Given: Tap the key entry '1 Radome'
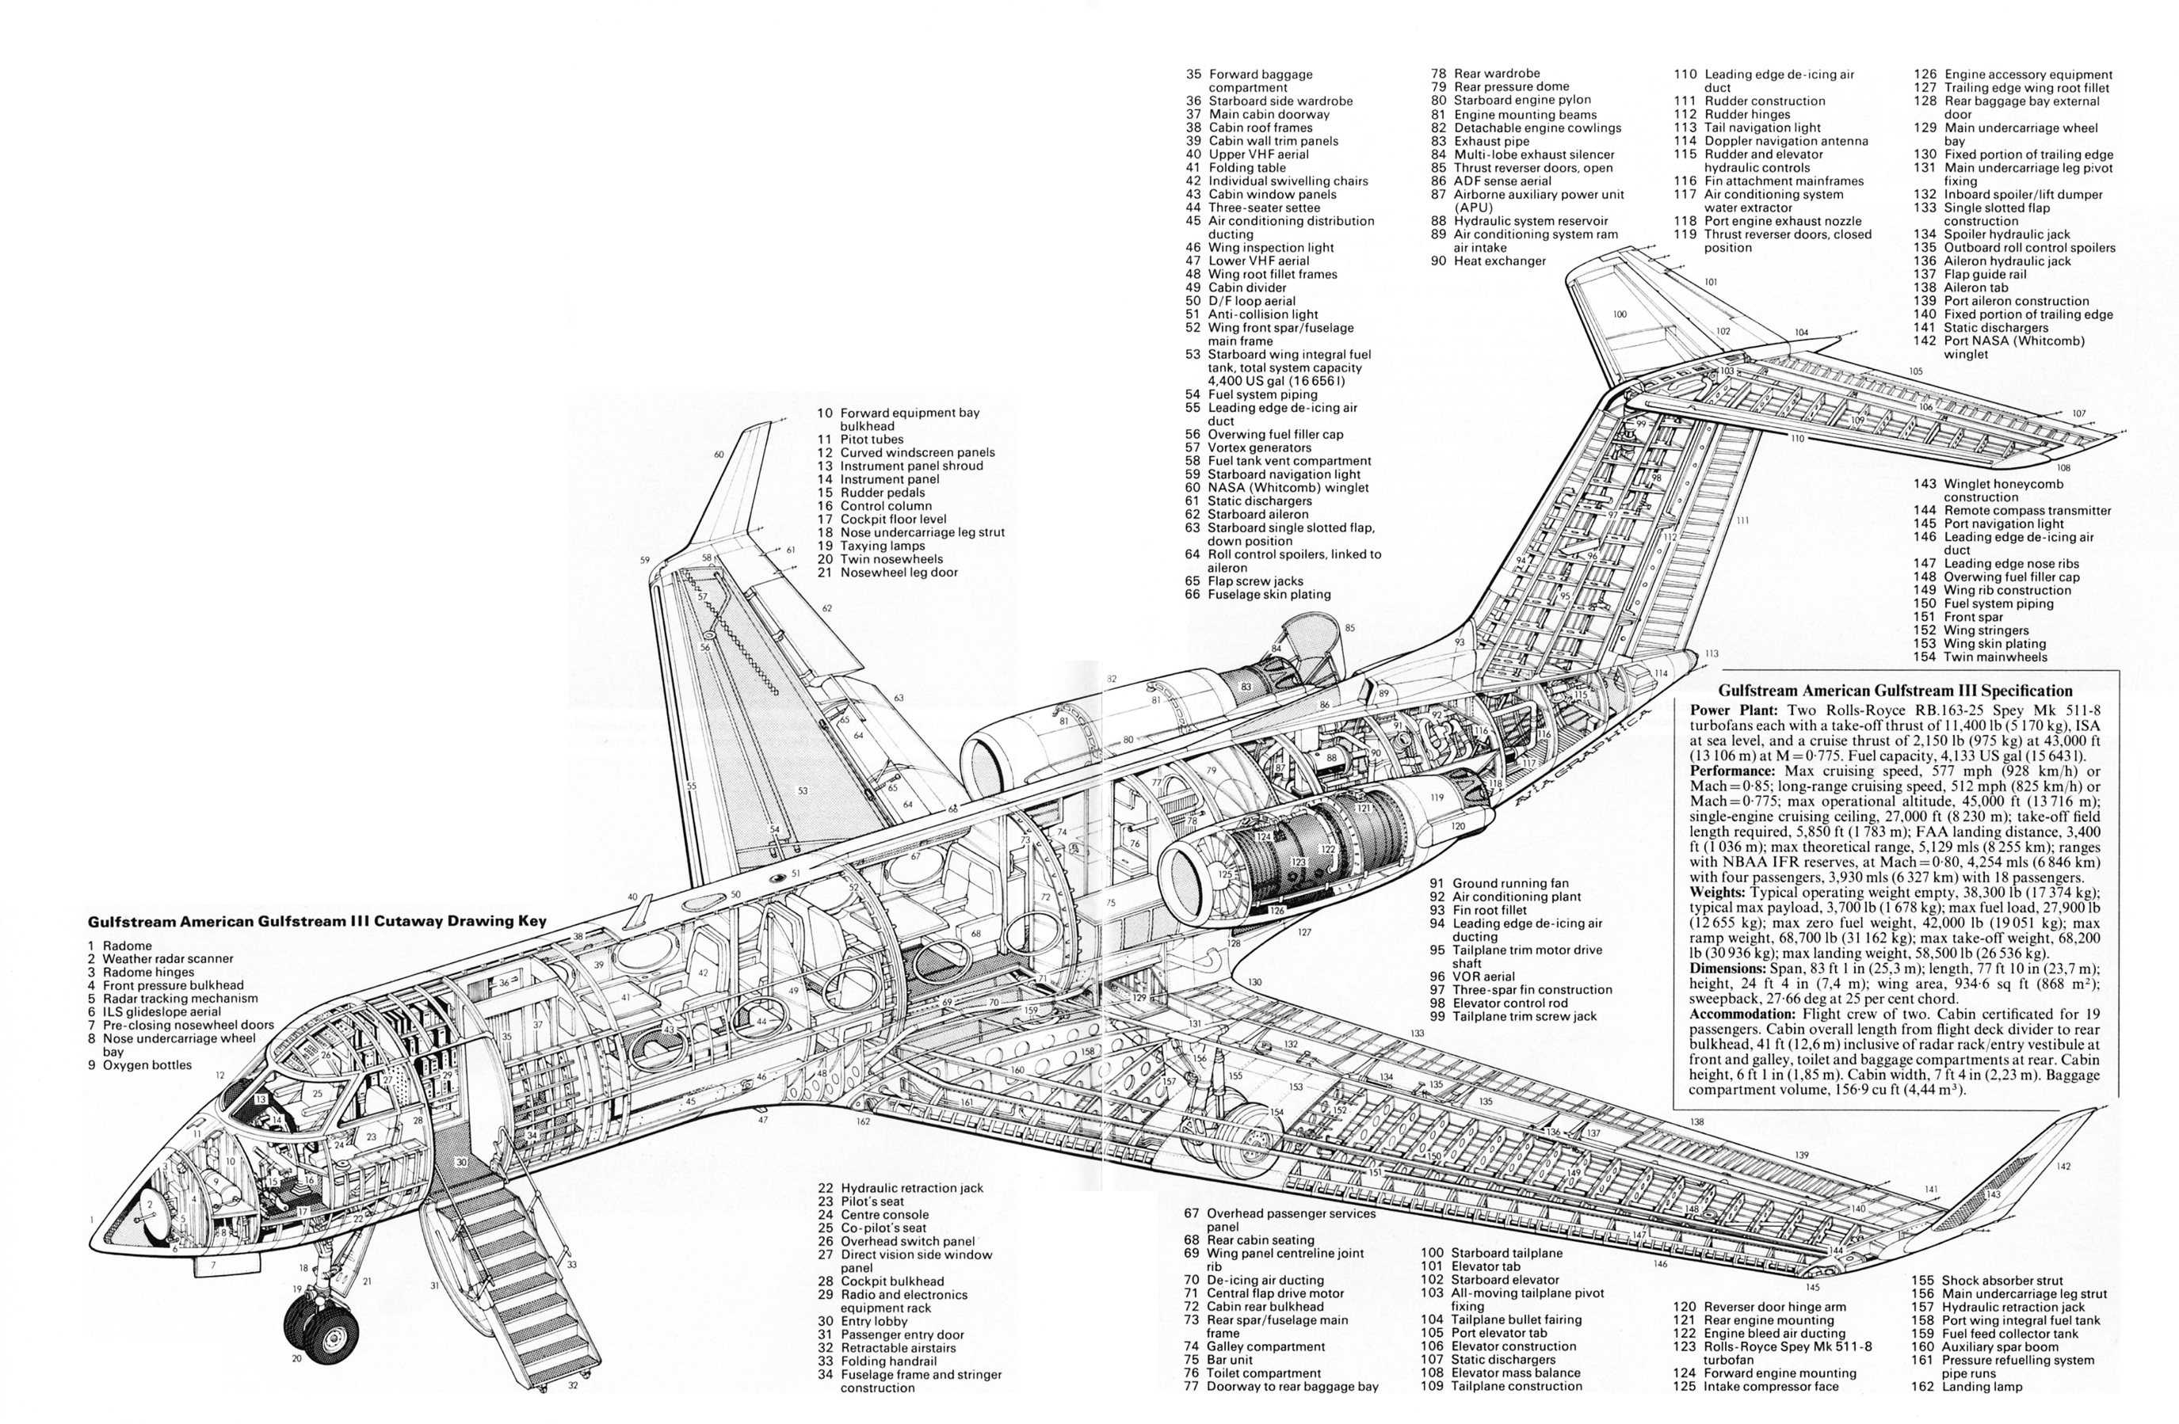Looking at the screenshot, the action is coord(120,946).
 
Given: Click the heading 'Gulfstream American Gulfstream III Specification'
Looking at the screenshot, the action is coord(1895,691).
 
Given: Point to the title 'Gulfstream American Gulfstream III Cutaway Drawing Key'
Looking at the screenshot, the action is coord(317,922).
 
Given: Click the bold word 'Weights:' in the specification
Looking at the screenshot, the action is coord(1718,893).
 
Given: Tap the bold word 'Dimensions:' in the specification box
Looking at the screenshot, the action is coord(1727,969).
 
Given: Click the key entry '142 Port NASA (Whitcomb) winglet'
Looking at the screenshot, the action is coord(1998,348).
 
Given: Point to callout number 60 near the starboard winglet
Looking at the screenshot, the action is coord(719,455).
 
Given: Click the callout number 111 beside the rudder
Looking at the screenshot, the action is coord(1742,520).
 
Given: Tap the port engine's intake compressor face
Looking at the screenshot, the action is coord(1212,878).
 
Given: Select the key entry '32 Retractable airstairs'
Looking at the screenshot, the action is coord(886,1348).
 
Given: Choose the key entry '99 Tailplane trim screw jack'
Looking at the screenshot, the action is coord(1514,1016).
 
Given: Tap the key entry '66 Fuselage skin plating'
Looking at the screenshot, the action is coord(1258,594).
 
